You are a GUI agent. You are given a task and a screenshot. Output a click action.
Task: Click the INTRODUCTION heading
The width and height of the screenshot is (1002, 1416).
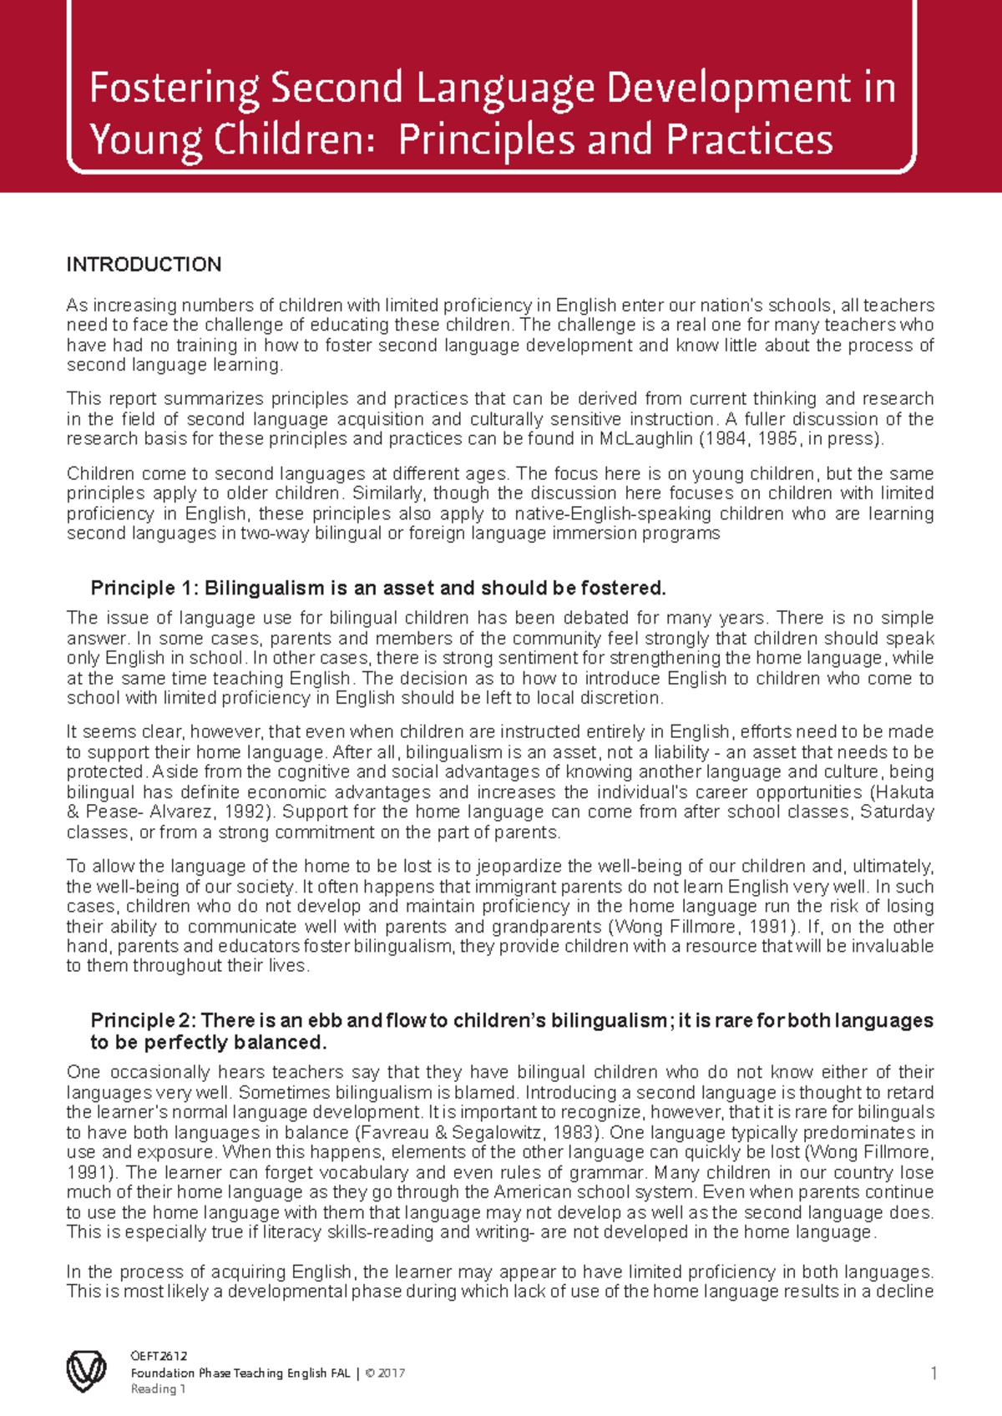pyautogui.click(x=144, y=265)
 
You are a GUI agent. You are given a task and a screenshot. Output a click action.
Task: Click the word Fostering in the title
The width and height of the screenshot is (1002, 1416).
pyautogui.click(x=175, y=88)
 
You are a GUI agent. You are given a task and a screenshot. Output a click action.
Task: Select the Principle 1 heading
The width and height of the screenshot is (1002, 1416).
pyautogui.click(x=377, y=588)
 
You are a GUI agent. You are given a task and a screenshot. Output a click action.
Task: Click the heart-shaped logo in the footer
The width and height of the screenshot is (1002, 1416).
pyautogui.click(x=86, y=1371)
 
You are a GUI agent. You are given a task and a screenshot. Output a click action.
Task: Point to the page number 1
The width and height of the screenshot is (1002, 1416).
pyautogui.click(x=934, y=1373)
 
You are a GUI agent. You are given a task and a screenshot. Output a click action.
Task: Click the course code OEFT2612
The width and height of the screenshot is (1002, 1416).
pyautogui.click(x=159, y=1356)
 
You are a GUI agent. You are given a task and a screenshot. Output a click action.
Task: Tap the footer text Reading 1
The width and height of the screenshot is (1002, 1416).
pyautogui.click(x=158, y=1389)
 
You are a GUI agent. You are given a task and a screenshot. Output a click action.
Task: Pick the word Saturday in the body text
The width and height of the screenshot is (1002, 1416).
pyautogui.click(x=896, y=812)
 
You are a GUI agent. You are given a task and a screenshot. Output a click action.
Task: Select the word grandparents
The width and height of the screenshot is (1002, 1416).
pyautogui.click(x=546, y=927)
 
